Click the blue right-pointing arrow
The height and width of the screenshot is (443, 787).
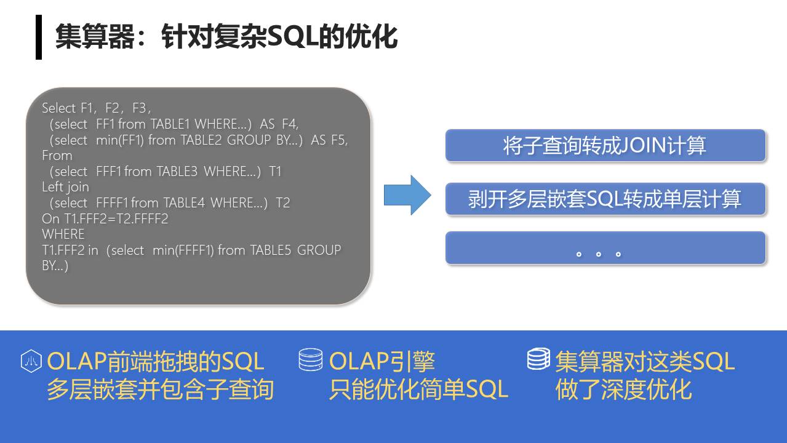(x=407, y=195)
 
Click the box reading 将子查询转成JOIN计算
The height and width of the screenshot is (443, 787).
(x=605, y=146)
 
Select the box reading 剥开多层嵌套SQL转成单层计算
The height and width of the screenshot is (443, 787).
(x=605, y=199)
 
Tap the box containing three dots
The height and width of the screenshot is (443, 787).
(x=605, y=248)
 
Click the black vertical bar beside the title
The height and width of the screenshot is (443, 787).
(x=39, y=37)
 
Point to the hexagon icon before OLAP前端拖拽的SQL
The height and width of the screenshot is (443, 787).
(x=31, y=361)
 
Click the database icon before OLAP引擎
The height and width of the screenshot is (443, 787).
(x=311, y=360)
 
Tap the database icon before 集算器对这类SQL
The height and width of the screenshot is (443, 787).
(x=538, y=359)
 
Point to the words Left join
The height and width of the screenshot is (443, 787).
(x=65, y=187)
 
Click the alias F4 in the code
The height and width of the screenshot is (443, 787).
(x=290, y=124)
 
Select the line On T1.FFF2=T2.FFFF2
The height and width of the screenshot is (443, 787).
(x=105, y=218)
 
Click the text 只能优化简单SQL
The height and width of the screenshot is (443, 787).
(x=418, y=389)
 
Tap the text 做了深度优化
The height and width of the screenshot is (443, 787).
(x=623, y=389)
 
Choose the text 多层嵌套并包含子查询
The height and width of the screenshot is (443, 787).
(x=160, y=389)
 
